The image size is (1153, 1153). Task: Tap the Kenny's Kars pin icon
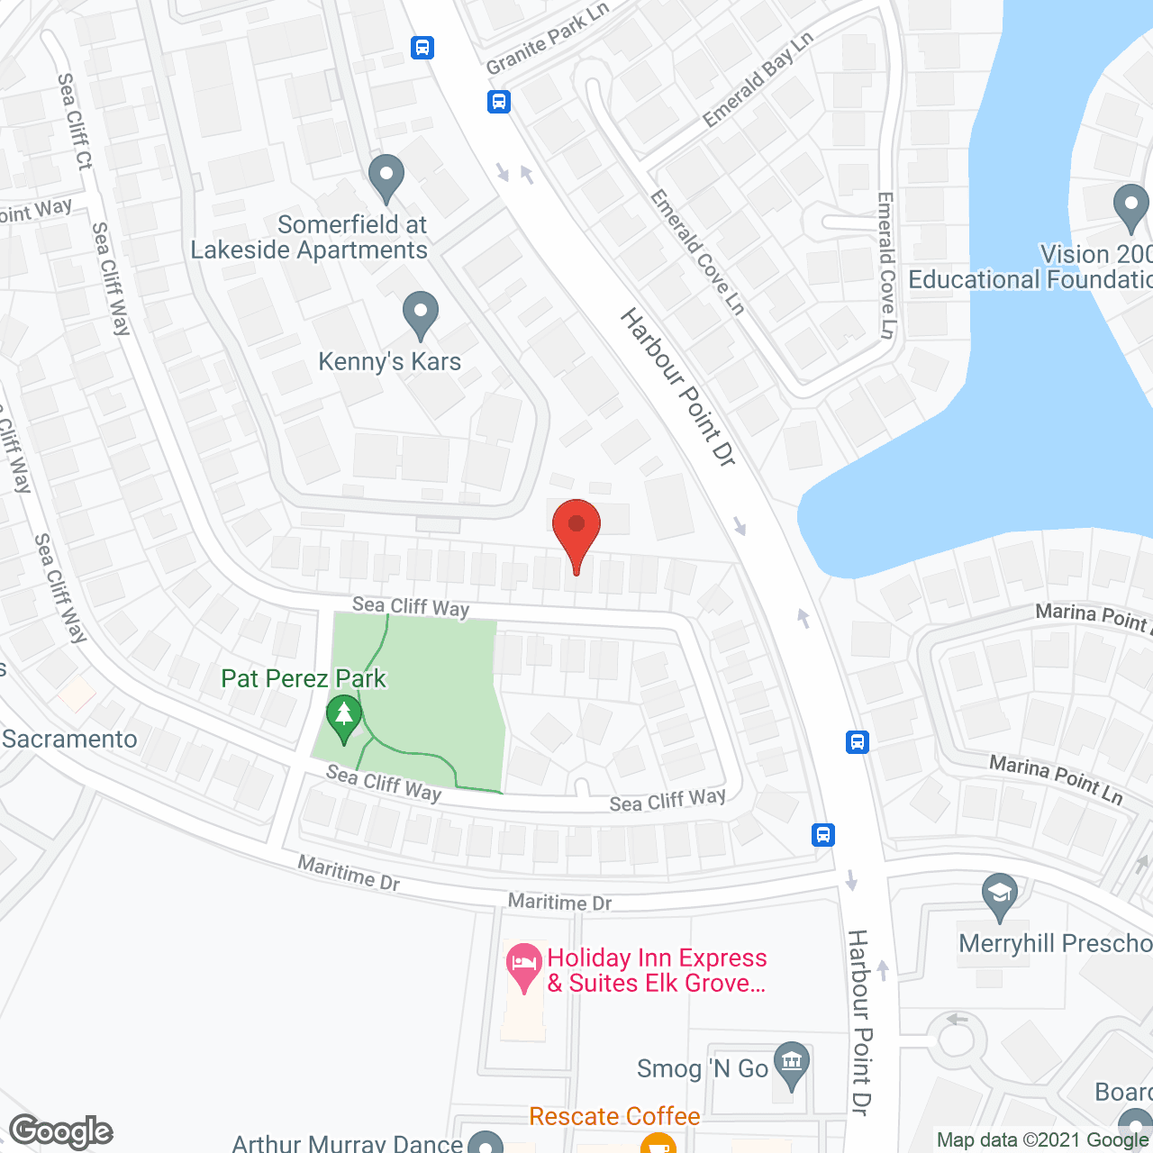420,316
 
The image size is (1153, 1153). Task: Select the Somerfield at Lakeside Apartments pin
386,177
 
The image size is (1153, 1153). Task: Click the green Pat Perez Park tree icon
343,718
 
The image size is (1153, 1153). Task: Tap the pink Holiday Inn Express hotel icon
523,967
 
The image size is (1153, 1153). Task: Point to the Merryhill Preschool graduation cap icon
1000,895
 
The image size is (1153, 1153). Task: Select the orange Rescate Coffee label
614,1117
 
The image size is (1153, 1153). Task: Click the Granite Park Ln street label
547,39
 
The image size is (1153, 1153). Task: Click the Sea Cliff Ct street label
75,122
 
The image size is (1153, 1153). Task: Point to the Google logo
61,1131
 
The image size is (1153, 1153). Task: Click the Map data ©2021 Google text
1043,1140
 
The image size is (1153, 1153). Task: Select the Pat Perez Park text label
304,678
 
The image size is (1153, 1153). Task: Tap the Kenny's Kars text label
389,362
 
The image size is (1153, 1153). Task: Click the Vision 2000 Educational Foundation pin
1130,206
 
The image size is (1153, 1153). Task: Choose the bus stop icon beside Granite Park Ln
499,101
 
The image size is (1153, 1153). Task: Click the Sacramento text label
69,740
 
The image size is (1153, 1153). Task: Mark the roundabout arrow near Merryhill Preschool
957,1020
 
